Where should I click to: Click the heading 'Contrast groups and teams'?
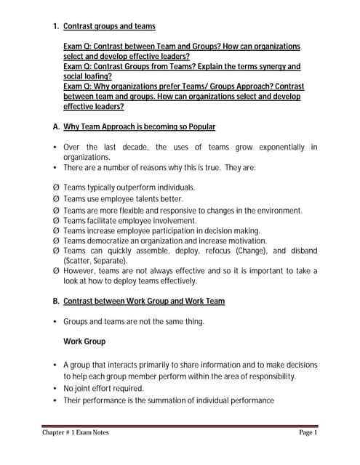pos(109,26)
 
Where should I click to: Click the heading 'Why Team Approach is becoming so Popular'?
pos(139,126)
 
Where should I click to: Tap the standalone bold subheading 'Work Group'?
pos(84,341)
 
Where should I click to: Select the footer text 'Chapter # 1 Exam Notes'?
pos(76,433)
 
